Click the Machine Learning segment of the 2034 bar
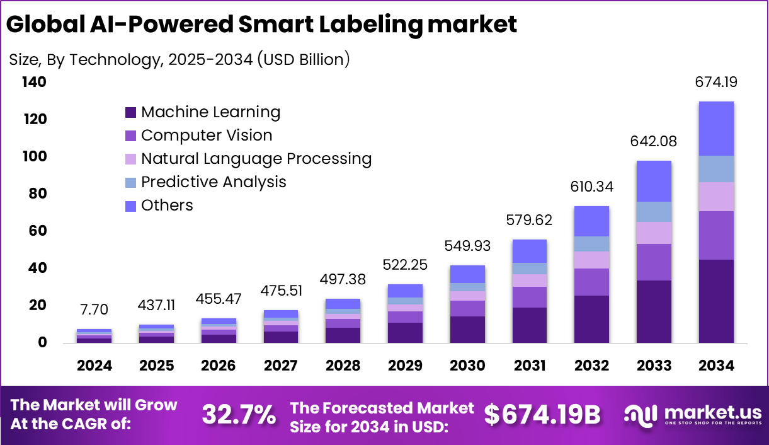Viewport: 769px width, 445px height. click(716, 301)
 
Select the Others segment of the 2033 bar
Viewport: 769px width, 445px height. click(654, 181)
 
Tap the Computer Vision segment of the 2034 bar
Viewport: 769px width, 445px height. click(716, 235)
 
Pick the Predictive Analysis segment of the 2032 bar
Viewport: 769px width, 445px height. click(592, 244)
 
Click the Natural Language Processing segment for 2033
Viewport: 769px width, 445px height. click(654, 233)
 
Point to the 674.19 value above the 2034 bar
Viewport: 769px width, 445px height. click(716, 82)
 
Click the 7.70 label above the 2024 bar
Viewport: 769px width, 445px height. click(94, 309)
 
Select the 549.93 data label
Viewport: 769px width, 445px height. click(467, 246)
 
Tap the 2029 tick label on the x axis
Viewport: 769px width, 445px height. click(405, 366)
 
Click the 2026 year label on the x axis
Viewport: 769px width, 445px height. click(219, 366)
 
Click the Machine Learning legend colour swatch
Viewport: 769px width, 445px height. click(130, 113)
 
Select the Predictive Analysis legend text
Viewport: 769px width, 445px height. click(214, 182)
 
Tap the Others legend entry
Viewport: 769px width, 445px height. click(167, 205)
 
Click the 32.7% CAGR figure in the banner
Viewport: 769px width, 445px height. click(239, 414)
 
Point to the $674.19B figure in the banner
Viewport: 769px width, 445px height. click(542, 414)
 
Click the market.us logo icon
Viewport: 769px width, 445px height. click(641, 414)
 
